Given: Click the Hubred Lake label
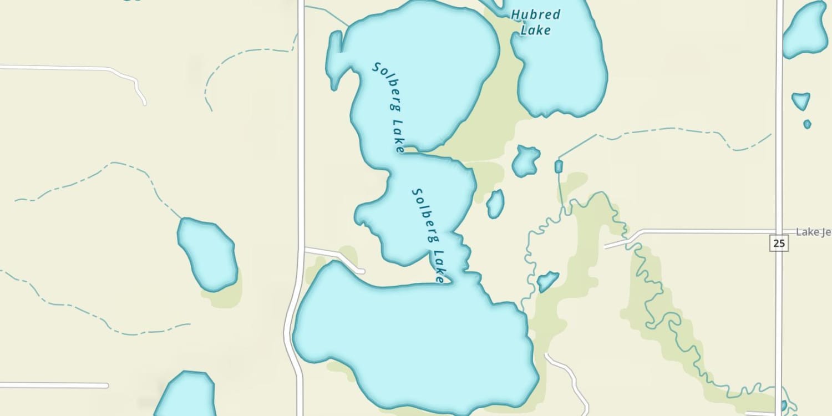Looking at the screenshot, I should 536,22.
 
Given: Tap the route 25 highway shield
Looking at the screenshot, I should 779,243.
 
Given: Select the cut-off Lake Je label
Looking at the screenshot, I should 814,232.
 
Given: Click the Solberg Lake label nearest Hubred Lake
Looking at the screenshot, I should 389,107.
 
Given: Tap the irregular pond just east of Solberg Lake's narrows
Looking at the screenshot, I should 526,161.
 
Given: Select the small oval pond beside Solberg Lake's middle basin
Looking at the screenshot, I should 495,204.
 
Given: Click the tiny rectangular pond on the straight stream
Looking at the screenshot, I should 559,166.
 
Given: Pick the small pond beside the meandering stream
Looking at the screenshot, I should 547,281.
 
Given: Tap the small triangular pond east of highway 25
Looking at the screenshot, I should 800,101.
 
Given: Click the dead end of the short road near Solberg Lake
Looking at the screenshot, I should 362,271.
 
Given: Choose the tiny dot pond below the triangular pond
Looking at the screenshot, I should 807,124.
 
